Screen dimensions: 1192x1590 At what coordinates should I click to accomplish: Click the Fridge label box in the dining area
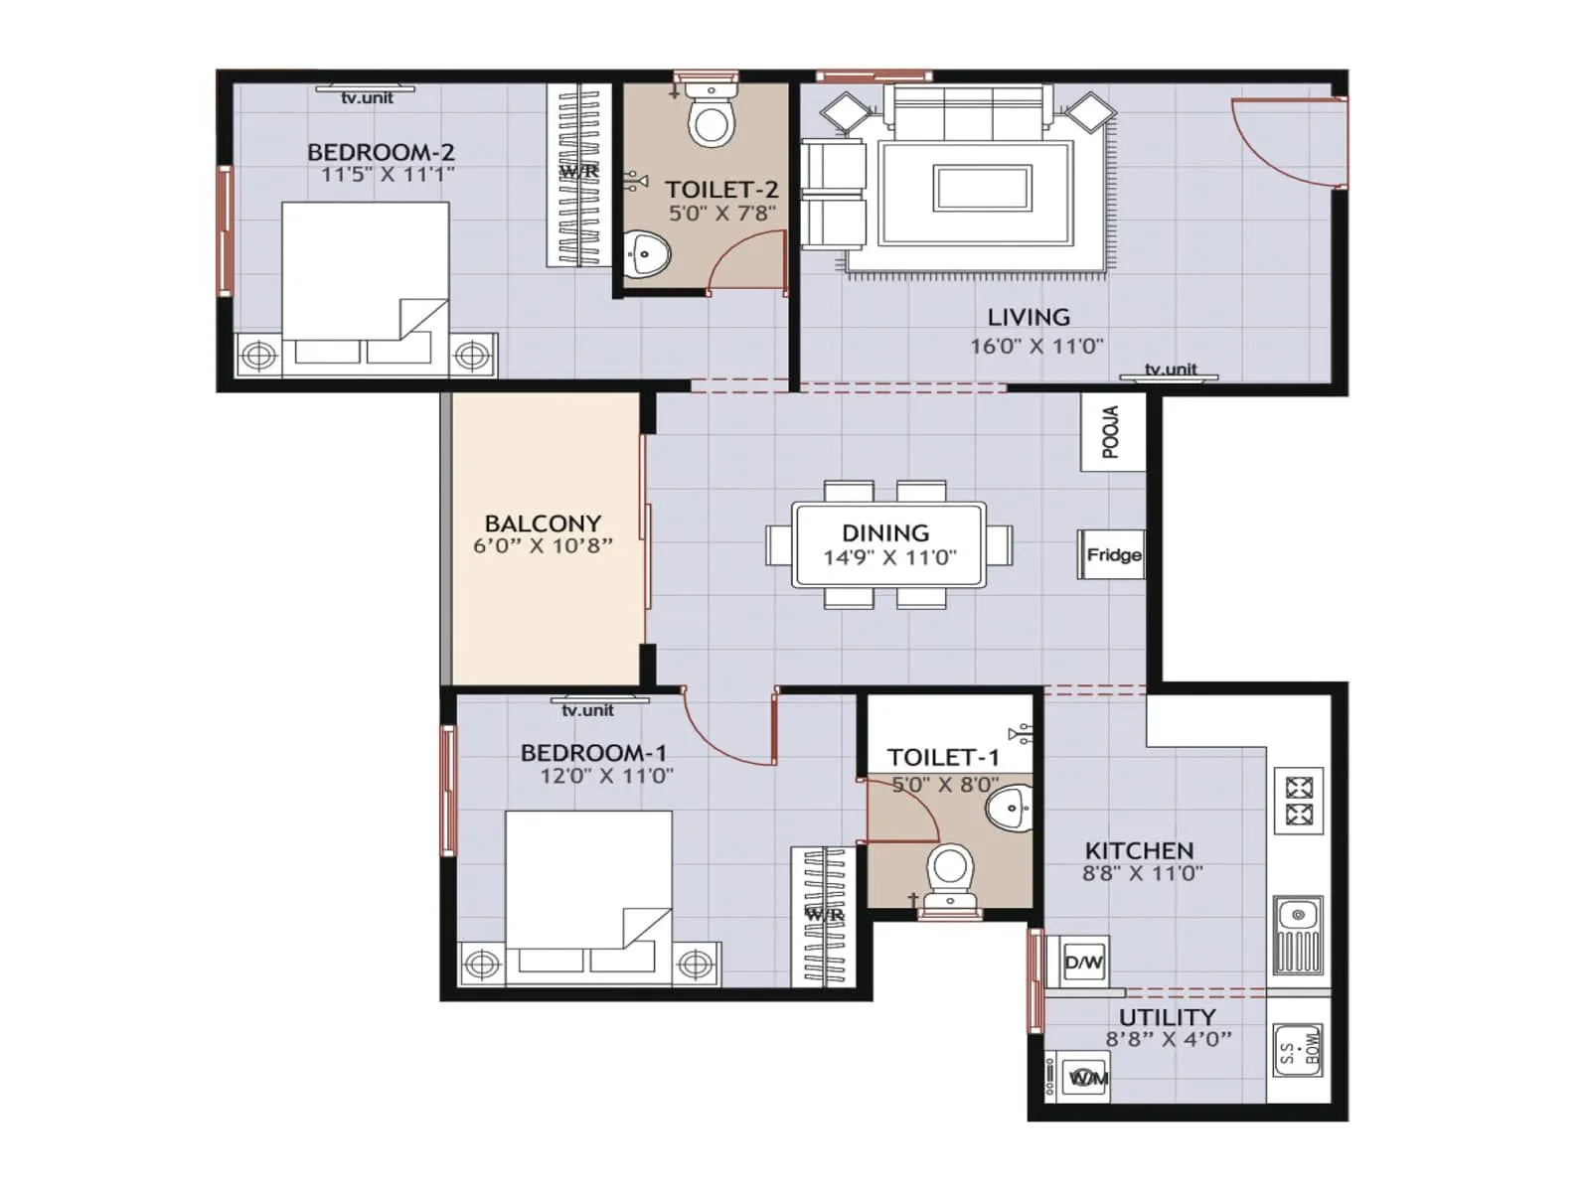(1112, 554)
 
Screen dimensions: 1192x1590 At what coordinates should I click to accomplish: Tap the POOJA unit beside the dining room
(1112, 432)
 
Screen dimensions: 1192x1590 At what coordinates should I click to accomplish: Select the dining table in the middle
(888, 545)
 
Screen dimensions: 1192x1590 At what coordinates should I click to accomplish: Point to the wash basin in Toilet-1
(1011, 808)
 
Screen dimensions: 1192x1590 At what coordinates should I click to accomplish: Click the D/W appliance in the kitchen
(1083, 961)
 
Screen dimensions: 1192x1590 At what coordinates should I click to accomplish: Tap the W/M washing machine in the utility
(1087, 1077)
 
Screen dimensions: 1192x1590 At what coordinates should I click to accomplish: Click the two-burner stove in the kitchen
(1299, 802)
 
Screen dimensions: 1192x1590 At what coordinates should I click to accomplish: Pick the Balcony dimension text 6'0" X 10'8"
(543, 545)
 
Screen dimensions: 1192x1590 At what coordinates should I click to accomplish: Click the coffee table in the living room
(982, 188)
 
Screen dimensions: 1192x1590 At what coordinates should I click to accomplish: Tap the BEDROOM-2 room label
(381, 152)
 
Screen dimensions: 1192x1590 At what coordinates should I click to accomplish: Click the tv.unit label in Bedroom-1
(587, 709)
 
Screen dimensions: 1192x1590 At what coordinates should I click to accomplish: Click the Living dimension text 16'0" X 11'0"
(1036, 346)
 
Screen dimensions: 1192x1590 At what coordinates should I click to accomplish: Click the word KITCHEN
(1139, 850)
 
